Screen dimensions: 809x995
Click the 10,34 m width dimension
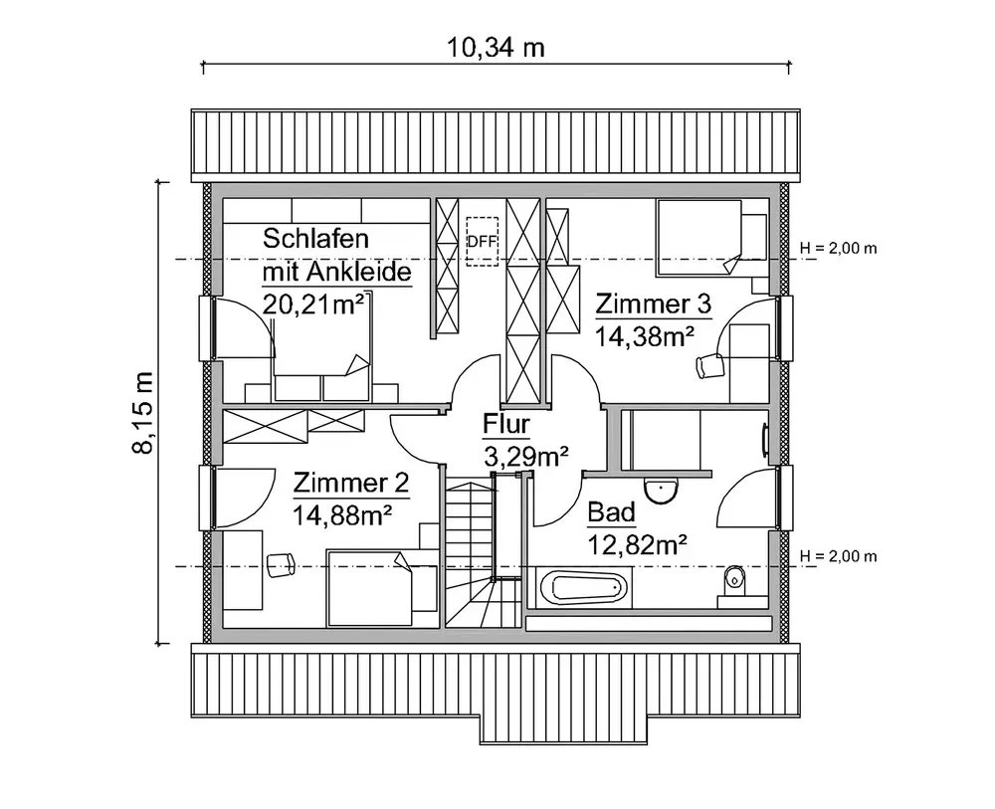coord(497,48)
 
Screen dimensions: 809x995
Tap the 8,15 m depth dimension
coord(143,413)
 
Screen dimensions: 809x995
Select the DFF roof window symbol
coord(482,240)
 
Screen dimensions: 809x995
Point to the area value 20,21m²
coord(312,303)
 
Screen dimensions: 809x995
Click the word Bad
coord(611,513)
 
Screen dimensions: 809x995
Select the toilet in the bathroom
coord(733,579)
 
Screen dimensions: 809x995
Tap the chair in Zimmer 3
coord(708,366)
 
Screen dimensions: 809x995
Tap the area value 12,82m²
coord(639,543)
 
